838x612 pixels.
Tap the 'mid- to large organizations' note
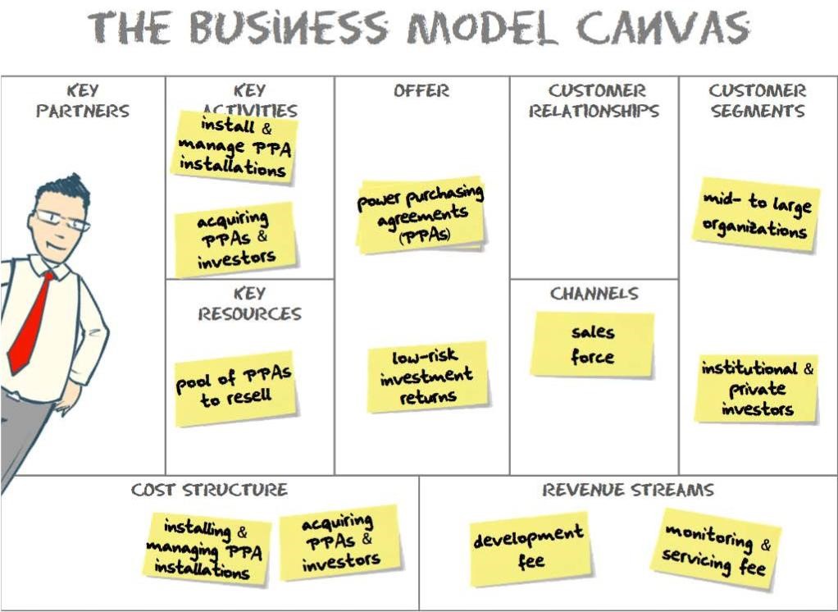pos(756,215)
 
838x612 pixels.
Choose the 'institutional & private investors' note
pos(757,389)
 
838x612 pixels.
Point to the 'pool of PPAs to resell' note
pos(235,389)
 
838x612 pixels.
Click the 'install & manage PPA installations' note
pos(235,148)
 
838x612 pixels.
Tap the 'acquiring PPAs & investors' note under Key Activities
pos(235,240)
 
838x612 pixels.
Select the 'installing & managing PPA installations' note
pos(208,548)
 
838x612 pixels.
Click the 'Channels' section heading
pos(594,293)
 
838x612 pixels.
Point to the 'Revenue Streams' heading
pos(627,491)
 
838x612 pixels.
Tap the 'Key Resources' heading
pos(249,304)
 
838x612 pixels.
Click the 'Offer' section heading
pos(421,91)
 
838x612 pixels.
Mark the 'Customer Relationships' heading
pos(594,101)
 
